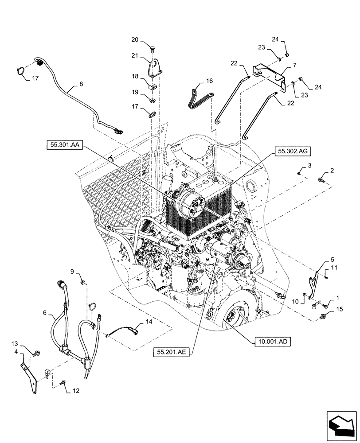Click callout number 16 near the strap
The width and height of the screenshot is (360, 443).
[x=210, y=82]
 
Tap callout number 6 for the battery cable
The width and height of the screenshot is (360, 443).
[x=45, y=313]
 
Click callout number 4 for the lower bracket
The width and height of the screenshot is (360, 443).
[x=16, y=352]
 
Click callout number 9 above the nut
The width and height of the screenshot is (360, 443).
[x=71, y=271]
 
